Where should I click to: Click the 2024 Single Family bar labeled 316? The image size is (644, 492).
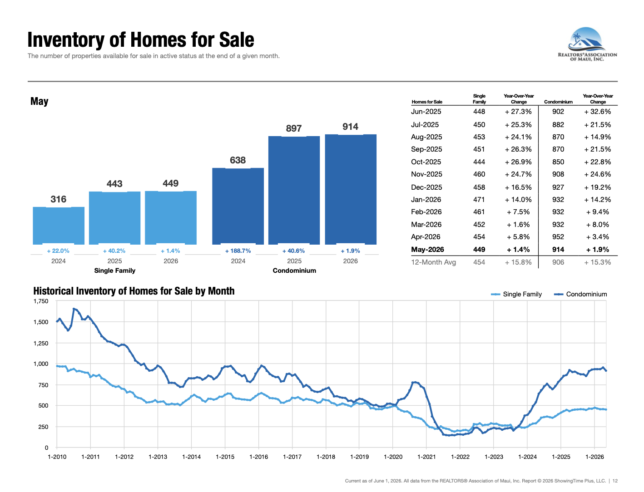59,226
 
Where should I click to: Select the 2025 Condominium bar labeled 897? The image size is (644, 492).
294,190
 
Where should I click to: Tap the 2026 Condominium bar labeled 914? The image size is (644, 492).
351,189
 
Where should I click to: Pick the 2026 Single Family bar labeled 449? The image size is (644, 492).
170,217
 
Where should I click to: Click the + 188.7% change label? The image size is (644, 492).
238,251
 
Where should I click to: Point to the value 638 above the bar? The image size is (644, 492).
238,160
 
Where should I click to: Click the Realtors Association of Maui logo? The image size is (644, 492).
587,44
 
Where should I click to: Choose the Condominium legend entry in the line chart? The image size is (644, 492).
580,294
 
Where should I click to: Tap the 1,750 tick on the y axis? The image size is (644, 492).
41,301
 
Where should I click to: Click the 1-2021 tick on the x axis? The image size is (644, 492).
426,457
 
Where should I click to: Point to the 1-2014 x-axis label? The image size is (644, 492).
191,457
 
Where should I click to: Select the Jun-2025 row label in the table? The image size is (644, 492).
426,111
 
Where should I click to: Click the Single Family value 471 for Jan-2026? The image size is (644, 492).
479,199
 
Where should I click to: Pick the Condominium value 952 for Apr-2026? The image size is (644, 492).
558,236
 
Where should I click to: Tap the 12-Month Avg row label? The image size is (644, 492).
433,262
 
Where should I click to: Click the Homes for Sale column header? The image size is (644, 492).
427,102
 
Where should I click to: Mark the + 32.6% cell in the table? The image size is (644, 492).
597,111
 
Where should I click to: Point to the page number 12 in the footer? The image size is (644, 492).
615,481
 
